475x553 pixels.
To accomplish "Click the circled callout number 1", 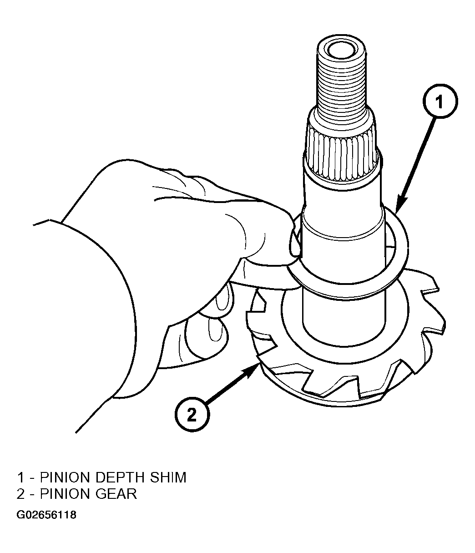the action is [x=440, y=101].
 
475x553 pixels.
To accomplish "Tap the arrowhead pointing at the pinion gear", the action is [x=252, y=371].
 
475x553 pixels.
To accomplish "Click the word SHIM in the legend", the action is [x=168, y=477].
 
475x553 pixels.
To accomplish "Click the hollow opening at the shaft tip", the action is [x=341, y=51].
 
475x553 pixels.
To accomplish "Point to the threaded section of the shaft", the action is [x=341, y=86].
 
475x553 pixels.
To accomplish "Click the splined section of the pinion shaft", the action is [x=342, y=158].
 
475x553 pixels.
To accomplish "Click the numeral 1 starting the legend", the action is [x=21, y=477].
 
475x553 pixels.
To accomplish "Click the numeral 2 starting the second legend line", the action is [x=20, y=494].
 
